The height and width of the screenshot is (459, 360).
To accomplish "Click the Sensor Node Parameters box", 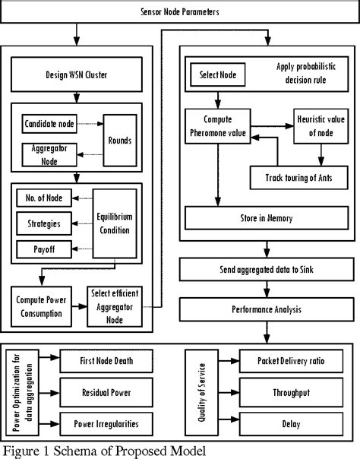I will (x=179, y=13).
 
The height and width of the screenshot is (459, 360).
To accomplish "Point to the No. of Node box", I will (x=43, y=199).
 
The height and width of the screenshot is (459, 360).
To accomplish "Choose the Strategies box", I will (x=43, y=223).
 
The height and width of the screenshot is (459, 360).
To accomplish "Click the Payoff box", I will (x=43, y=248).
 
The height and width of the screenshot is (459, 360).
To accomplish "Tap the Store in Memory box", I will (x=265, y=218).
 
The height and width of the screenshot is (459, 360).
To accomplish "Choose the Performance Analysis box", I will (x=267, y=310).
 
